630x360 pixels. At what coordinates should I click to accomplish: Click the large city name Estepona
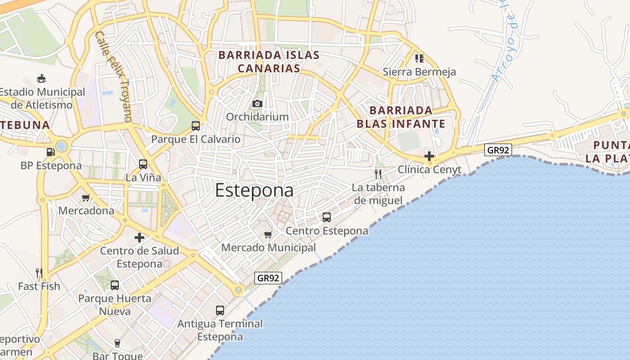[254, 190]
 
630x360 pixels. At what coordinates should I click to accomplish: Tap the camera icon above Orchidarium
[257, 104]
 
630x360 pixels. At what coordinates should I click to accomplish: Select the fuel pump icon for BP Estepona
[50, 152]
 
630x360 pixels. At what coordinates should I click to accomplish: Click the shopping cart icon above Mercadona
[86, 198]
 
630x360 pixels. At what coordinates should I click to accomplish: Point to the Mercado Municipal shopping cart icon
[268, 234]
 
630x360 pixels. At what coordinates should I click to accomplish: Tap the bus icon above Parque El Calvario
[196, 126]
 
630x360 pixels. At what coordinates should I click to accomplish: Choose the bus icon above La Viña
[143, 164]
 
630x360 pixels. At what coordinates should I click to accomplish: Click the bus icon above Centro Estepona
[327, 217]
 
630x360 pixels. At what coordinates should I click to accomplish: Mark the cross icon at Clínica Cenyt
[429, 156]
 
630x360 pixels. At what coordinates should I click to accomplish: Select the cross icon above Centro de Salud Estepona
[139, 238]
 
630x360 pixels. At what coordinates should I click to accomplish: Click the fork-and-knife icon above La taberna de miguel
[378, 174]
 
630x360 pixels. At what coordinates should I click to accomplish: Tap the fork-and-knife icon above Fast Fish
[39, 273]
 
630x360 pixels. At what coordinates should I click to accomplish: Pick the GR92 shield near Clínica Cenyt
[498, 150]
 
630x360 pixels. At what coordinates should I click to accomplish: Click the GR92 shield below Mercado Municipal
[268, 278]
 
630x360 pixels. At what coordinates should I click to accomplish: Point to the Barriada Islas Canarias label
[269, 62]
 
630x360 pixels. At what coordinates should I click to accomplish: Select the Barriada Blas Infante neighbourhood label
[401, 117]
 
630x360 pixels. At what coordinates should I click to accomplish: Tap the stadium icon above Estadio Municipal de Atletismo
[41, 79]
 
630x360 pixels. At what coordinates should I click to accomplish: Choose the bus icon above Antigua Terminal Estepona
[220, 310]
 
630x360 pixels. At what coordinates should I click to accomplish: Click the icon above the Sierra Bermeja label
[419, 58]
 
